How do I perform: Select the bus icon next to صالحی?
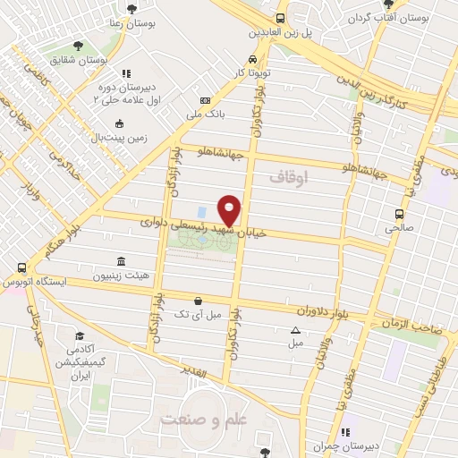point(399,214)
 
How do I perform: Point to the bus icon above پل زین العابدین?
point(280,18)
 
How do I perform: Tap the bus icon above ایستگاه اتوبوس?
point(21,267)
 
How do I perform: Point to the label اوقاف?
point(288,179)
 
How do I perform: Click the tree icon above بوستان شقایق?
point(77,44)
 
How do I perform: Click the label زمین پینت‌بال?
point(116,137)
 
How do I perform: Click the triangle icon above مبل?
point(296,329)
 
